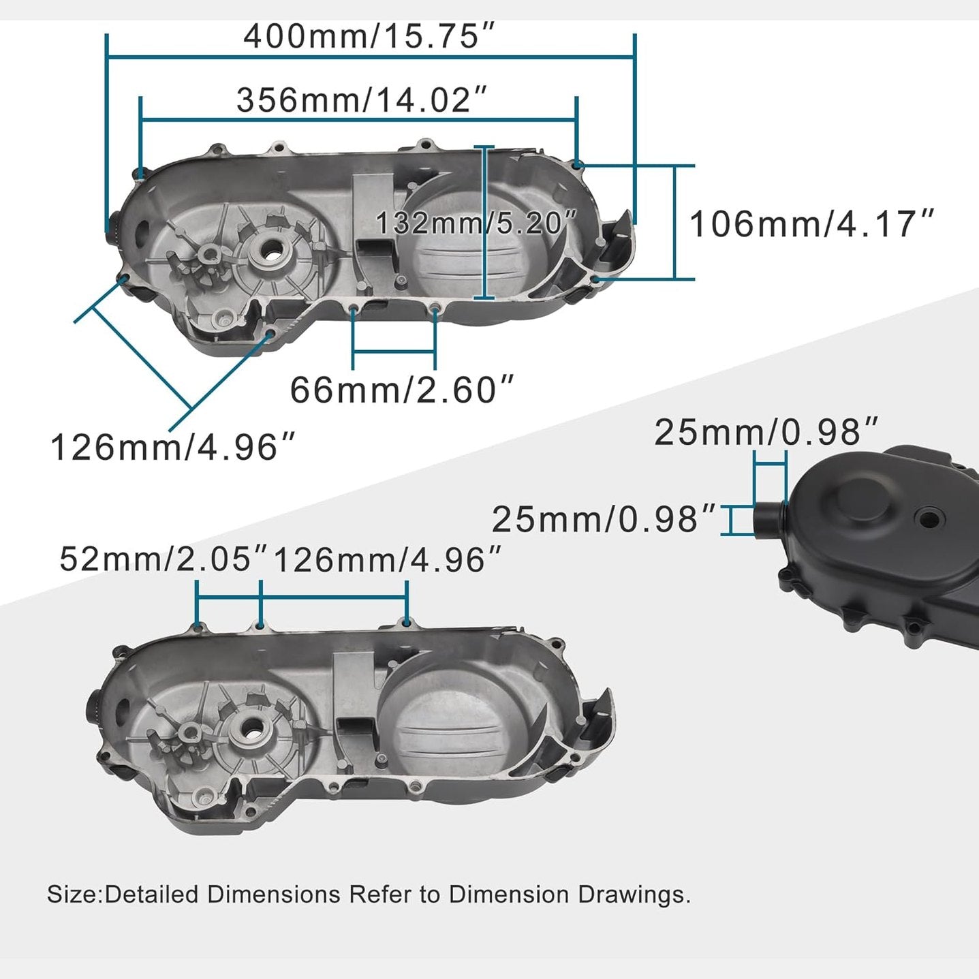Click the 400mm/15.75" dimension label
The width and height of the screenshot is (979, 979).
(x=369, y=36)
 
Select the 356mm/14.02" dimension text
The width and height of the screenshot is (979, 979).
(x=362, y=100)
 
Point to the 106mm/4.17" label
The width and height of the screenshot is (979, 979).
(x=811, y=224)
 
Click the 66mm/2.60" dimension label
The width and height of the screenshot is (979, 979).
(x=401, y=390)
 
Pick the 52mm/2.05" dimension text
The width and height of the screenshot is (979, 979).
(x=164, y=559)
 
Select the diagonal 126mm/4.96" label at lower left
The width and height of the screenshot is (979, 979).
(x=173, y=448)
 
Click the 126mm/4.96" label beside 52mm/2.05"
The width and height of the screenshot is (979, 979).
(x=387, y=560)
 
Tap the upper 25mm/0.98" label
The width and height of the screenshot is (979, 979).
(x=766, y=432)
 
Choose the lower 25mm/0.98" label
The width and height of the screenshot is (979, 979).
(x=604, y=519)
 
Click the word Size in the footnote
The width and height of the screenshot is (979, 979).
(x=72, y=894)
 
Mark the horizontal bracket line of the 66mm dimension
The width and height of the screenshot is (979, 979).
(x=394, y=352)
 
